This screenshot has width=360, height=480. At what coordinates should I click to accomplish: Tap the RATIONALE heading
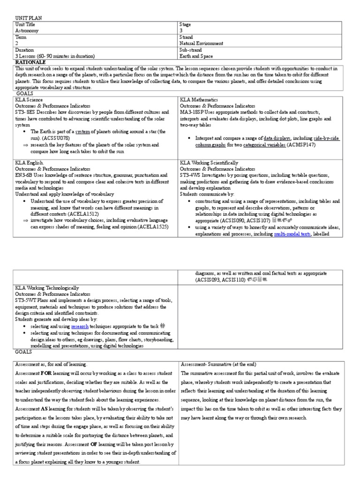(30, 61)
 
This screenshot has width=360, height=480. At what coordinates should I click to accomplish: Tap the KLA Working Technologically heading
(47, 287)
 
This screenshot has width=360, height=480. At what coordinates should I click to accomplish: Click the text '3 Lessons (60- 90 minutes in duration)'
(57, 55)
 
